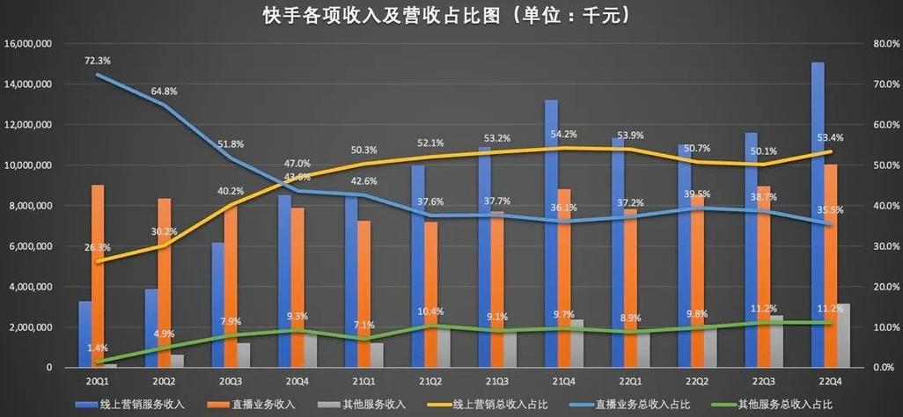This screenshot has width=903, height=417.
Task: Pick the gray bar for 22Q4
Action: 842,335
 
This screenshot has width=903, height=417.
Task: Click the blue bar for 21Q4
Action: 551,233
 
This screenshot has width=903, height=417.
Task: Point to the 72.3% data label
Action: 97,61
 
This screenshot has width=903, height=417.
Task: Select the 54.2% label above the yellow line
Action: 563,135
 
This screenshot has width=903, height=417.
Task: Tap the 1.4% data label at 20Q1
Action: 97,348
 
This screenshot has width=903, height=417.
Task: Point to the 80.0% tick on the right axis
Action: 882,44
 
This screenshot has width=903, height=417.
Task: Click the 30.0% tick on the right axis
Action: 882,246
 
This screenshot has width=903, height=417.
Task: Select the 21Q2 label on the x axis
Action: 430,381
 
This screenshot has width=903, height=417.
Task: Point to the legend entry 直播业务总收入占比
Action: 645,405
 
